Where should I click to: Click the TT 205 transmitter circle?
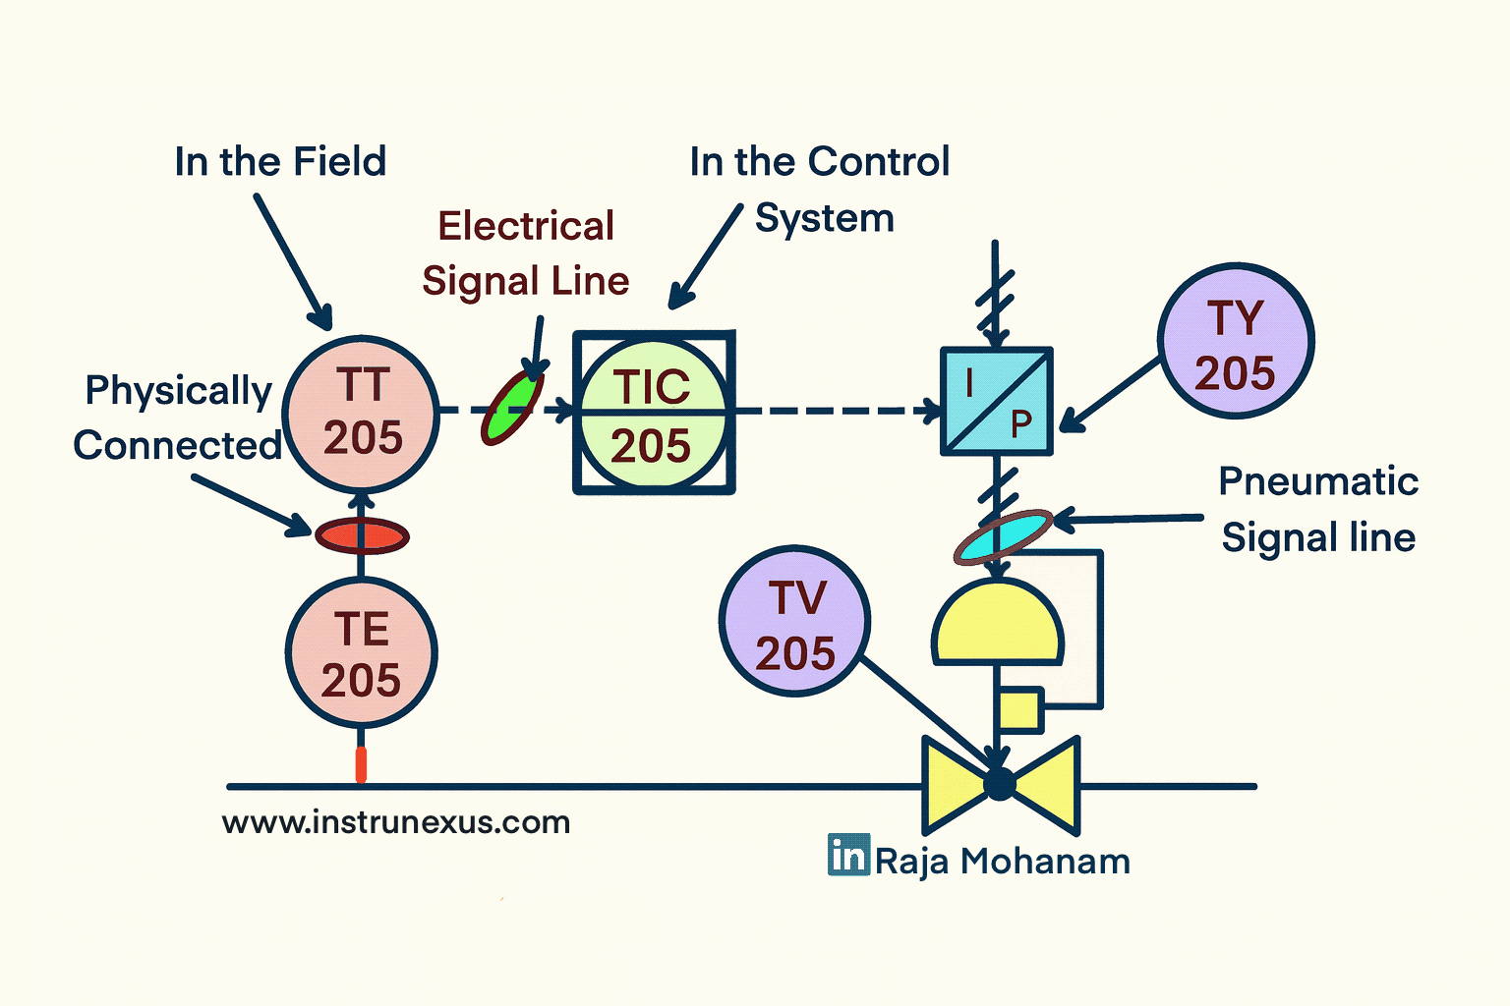pos(361,414)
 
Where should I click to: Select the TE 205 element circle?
pos(361,654)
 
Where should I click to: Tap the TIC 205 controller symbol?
pos(654,414)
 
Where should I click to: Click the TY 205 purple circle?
pos(1236,342)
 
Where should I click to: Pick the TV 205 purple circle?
pos(794,622)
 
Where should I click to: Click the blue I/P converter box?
pos(997,402)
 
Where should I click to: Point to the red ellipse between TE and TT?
pos(362,536)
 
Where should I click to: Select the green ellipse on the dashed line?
pos(512,408)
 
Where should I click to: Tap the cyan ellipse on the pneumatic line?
pos(1004,536)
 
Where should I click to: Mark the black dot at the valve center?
pos(999,784)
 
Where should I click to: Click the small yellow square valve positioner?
pos(1019,709)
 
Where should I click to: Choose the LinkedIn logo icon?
pos(848,855)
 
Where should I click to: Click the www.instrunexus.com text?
pos(396,822)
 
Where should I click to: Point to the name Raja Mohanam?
pos(1003,862)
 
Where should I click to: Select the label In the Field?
pos(280,162)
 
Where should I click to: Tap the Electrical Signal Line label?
pos(526,253)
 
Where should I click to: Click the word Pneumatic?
pos(1318,481)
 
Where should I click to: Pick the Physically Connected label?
pos(178,418)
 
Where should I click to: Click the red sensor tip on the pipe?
pos(361,764)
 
